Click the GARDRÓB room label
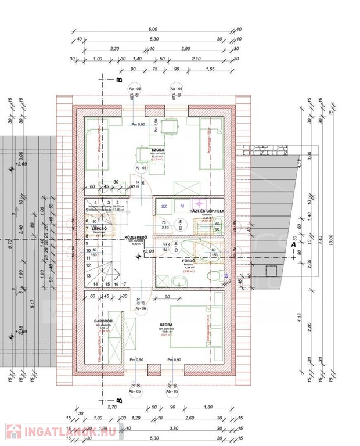click(x=102, y=321)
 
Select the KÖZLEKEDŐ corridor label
click(x=136, y=238)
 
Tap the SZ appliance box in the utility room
click(x=164, y=206)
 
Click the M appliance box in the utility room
click(x=181, y=206)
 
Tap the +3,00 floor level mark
click(x=149, y=251)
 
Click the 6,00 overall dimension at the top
click(x=153, y=29)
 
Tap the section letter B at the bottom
click(x=118, y=401)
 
